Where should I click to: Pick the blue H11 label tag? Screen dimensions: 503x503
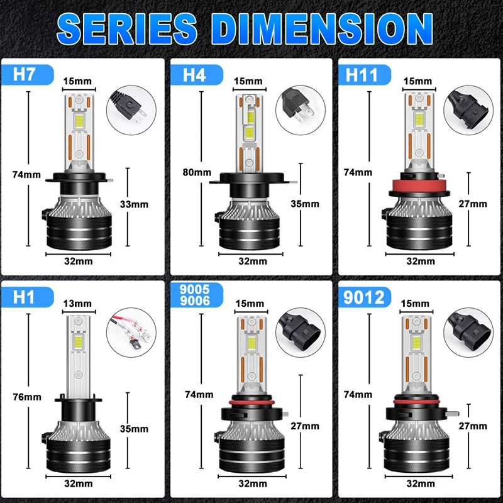point(362,75)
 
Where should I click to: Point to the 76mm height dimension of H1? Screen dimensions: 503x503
point(27,397)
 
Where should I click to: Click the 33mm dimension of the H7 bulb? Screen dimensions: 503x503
point(134,204)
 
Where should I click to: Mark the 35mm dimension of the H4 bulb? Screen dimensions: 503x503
point(305,204)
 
